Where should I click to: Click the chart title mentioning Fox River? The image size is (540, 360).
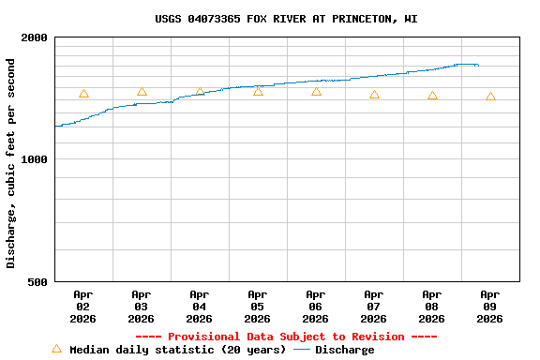tap(286, 19)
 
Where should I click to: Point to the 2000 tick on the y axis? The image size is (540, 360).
tap(35, 37)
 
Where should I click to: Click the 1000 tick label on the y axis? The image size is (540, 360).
tap(35, 159)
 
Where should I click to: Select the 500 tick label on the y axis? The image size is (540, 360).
tap(38, 281)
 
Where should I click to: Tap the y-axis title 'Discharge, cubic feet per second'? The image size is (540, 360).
tap(11, 163)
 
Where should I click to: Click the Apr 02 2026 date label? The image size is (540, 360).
tap(83, 307)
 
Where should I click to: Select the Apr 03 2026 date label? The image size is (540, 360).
tap(142, 307)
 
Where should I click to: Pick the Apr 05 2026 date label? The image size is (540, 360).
tap(258, 307)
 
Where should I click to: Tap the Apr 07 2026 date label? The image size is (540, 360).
tap(374, 307)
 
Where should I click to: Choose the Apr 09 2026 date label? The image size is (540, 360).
tap(490, 307)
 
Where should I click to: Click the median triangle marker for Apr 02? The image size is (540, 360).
tap(83, 94)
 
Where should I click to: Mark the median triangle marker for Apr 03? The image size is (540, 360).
tap(142, 92)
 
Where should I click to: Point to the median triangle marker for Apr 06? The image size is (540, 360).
tap(316, 92)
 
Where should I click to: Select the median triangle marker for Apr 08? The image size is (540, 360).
tap(432, 96)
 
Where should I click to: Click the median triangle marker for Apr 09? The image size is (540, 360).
tap(490, 97)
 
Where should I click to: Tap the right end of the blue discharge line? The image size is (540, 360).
tap(478, 65)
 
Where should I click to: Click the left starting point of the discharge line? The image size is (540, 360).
tap(56, 126)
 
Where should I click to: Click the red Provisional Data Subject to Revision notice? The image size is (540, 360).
tap(286, 337)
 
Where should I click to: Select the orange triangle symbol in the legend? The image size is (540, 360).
tap(56, 349)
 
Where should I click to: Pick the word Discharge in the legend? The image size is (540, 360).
tap(344, 350)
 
